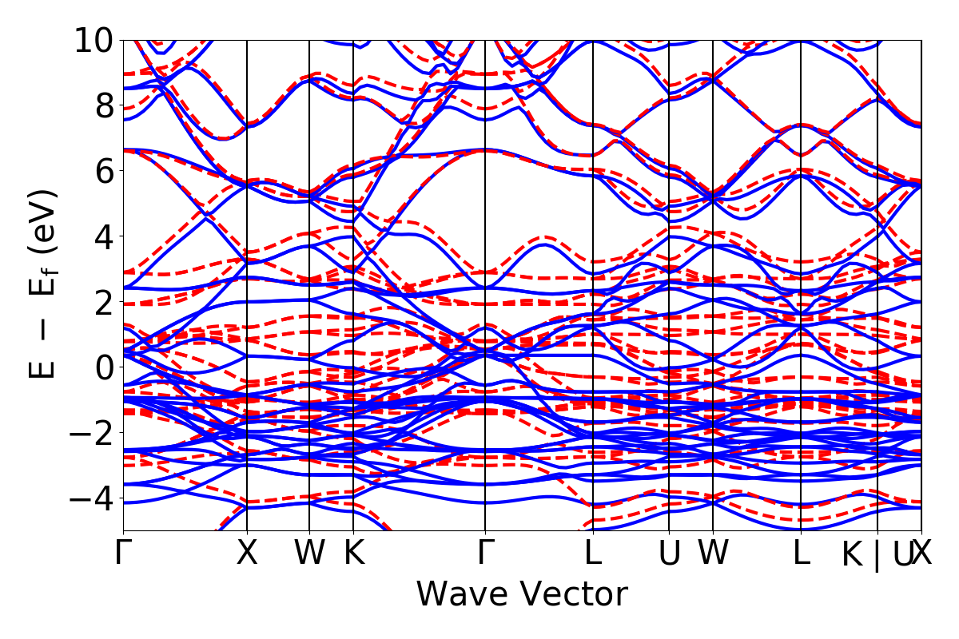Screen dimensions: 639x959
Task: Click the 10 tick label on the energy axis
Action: point(95,40)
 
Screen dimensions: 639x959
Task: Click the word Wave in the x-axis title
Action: point(460,594)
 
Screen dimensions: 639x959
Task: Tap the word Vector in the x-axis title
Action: point(568,594)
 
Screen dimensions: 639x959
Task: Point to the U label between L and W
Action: point(669,554)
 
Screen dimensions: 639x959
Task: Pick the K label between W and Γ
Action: point(353,554)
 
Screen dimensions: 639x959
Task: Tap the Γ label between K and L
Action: point(485,554)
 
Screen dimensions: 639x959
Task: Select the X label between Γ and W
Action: point(247,554)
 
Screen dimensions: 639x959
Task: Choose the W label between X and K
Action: point(309,554)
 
